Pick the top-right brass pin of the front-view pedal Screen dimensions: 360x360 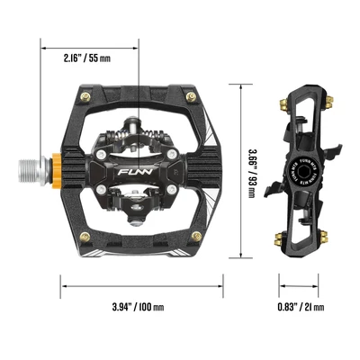[x=190, y=94]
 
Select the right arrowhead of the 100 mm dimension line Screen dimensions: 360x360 [x=221, y=286]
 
